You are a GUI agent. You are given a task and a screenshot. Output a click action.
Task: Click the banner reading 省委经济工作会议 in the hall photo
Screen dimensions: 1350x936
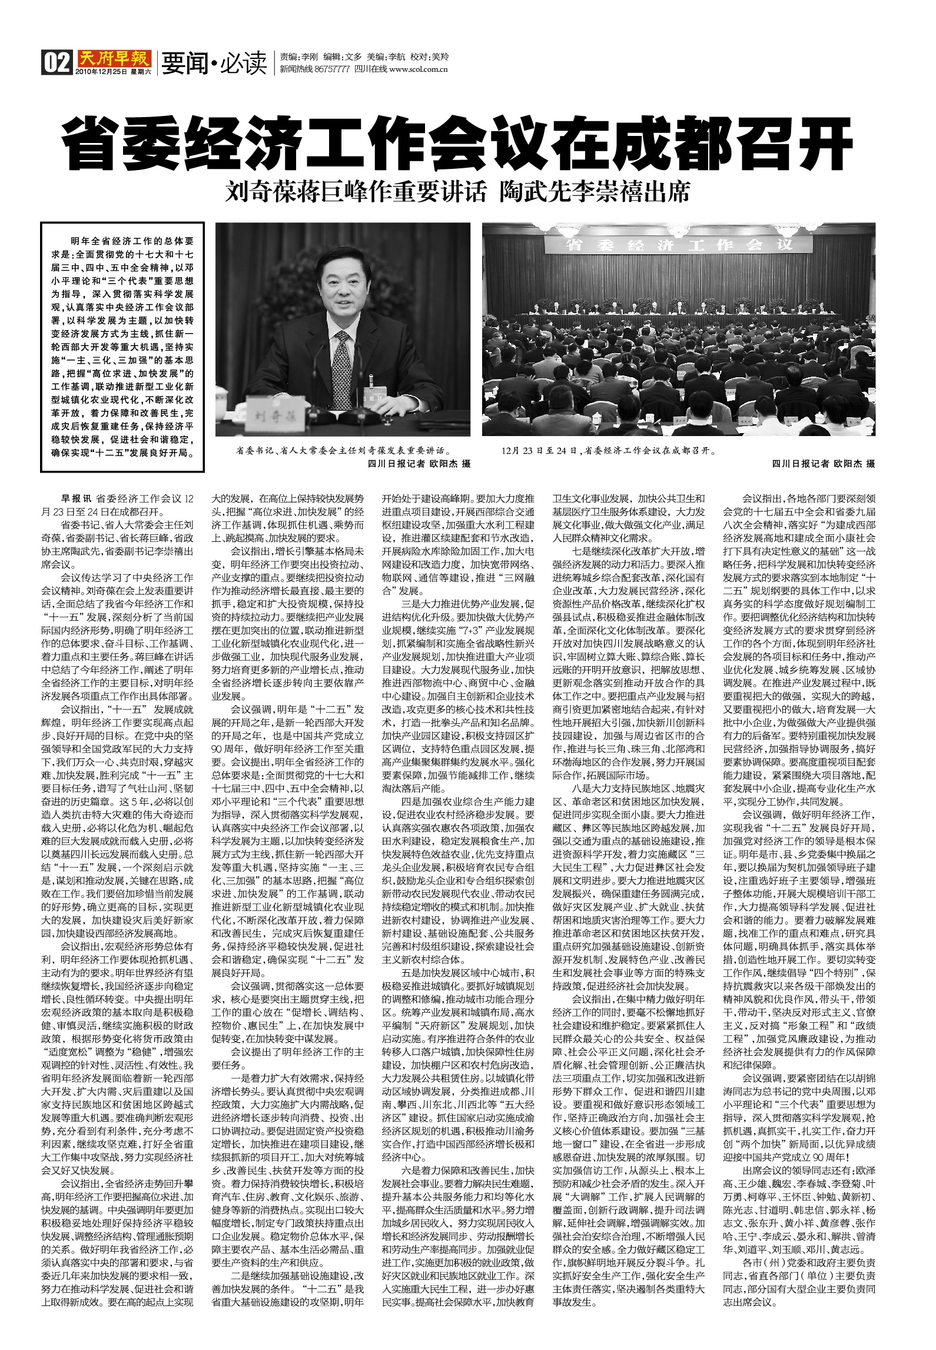[676, 244]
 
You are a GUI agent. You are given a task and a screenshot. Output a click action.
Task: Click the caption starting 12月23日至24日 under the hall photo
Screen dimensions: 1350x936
[609, 451]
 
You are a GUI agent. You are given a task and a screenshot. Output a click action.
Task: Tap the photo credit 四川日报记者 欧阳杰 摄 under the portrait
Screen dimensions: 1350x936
[419, 464]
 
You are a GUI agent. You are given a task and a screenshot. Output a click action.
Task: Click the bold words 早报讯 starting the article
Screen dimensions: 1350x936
[77, 498]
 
